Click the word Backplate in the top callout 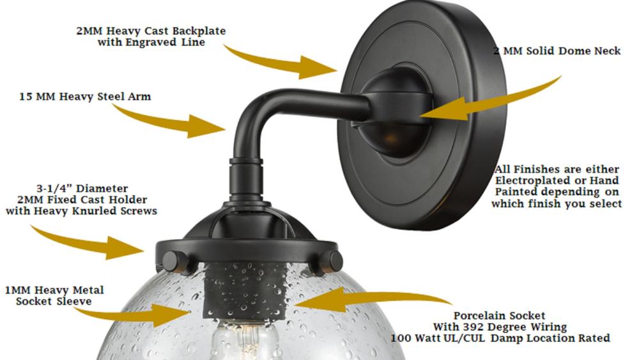click(199, 31)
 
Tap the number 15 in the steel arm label click(26, 97)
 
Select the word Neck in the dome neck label click(607, 51)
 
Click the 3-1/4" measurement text click(54, 189)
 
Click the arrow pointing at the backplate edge click(281, 62)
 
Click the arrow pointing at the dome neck click(489, 102)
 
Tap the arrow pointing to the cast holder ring click(88, 242)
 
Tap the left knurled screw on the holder click(176, 262)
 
